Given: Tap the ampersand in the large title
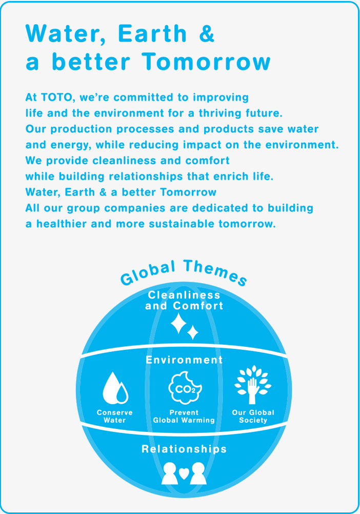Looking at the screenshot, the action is click(207, 33).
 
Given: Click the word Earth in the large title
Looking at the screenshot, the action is click(152, 33).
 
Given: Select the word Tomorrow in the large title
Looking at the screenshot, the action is click(206, 62).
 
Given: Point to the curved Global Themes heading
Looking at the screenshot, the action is click(184, 271).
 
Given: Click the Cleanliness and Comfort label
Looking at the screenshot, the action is click(184, 300).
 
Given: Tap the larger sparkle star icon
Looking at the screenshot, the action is click(178, 323).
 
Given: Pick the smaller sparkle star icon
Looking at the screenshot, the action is click(193, 332).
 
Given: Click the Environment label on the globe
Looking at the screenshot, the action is click(184, 360).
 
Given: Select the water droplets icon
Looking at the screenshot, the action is click(115, 388).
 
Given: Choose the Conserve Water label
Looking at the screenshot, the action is click(115, 417).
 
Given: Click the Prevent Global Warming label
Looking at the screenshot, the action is click(184, 417).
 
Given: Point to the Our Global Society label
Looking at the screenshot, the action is click(253, 417).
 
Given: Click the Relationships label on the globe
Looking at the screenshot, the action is click(184, 449).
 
